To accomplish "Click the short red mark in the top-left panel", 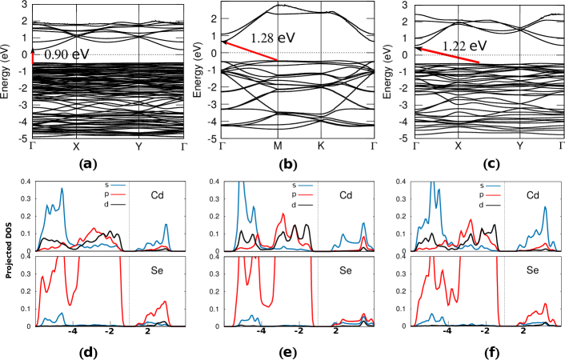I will [x=32, y=58].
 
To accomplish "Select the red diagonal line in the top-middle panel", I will [x=252, y=51].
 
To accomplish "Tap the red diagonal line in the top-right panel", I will [x=451, y=55].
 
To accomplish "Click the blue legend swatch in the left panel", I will [x=118, y=186].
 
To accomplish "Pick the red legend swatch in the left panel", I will [x=118, y=194].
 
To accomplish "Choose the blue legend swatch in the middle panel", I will [x=306, y=186].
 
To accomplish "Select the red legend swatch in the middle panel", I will [x=306, y=194].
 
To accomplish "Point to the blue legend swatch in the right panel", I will [x=493, y=186].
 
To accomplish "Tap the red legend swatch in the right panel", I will [x=493, y=194].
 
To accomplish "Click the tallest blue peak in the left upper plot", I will [x=62, y=190].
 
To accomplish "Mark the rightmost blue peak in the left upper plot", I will [x=166, y=225].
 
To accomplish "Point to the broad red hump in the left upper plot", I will [x=95, y=230].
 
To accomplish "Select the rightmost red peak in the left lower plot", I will [x=165, y=302].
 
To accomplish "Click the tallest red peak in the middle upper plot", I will [x=282, y=214].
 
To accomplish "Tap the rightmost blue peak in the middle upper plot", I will [x=363, y=223].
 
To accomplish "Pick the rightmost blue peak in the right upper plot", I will [x=545, y=207].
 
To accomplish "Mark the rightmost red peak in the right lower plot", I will [x=544, y=304].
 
